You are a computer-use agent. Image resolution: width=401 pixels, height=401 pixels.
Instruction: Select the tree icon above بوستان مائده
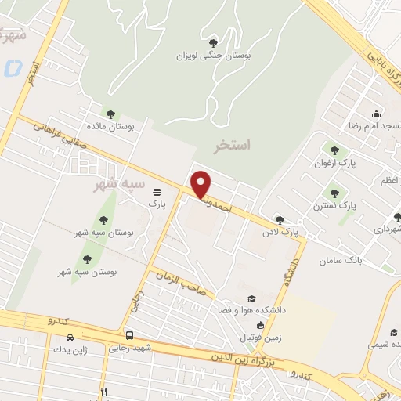pyautogui.click(x=110, y=114)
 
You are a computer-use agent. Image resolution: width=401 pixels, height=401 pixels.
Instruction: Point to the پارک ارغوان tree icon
pyautogui.click(x=335, y=150)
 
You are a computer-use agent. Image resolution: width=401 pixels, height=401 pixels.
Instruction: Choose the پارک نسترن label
pyautogui.click(x=342, y=204)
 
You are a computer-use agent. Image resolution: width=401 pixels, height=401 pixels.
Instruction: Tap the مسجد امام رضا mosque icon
pyautogui.click(x=377, y=114)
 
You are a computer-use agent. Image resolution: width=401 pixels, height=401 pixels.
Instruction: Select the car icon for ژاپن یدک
pyautogui.click(x=70, y=338)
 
